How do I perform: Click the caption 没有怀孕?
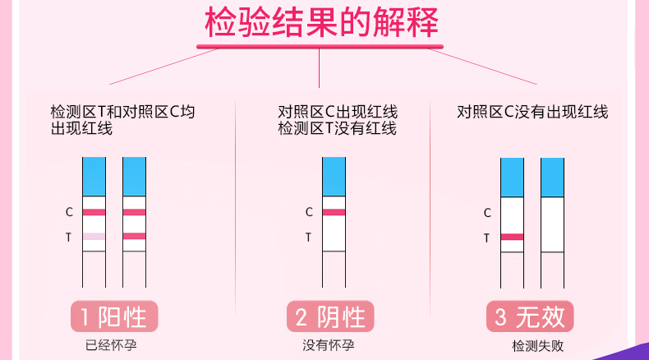pyautogui.click(x=329, y=345)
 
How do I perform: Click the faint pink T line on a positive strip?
pyautogui.click(x=94, y=237)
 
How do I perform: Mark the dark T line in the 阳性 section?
pyautogui.click(x=134, y=237)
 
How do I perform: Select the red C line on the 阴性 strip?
pyautogui.click(x=334, y=212)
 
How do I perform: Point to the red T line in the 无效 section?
pyautogui.click(x=513, y=237)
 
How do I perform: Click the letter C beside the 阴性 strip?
pyautogui.click(x=309, y=212)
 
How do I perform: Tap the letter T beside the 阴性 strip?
pyautogui.click(x=309, y=238)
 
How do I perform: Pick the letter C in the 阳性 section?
pyautogui.click(x=70, y=212)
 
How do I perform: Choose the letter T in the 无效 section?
pyautogui.click(x=486, y=238)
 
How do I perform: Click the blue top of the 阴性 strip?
pyautogui.click(x=334, y=176)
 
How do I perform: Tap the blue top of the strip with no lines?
pyautogui.click(x=552, y=176)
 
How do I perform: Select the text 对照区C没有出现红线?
pyautogui.click(x=532, y=113)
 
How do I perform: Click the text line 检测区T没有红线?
pyautogui.click(x=337, y=129)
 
